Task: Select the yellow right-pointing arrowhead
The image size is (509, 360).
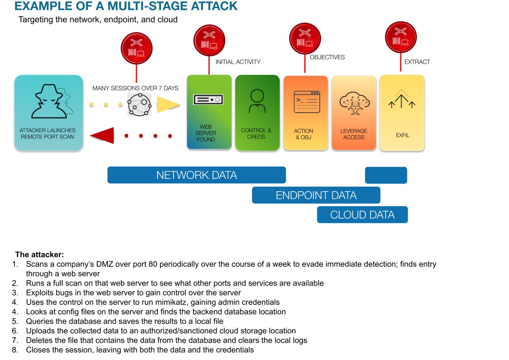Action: click(x=167, y=105)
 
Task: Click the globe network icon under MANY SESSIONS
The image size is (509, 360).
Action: click(x=138, y=105)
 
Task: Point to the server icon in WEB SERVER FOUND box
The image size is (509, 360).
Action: click(x=207, y=99)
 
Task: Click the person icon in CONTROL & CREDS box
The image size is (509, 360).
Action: click(x=257, y=101)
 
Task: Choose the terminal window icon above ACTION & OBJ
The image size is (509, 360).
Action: click(x=307, y=102)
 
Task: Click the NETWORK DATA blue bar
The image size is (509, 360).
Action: click(x=196, y=175)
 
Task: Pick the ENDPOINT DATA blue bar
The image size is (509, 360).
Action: click(x=316, y=195)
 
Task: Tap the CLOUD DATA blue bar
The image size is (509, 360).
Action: click(x=362, y=215)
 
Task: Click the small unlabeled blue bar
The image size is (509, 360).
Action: click(x=386, y=175)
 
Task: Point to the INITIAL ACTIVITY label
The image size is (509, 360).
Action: click(x=238, y=62)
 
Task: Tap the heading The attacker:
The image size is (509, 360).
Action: click(x=40, y=254)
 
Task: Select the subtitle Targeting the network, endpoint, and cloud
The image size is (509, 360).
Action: click(x=98, y=20)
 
